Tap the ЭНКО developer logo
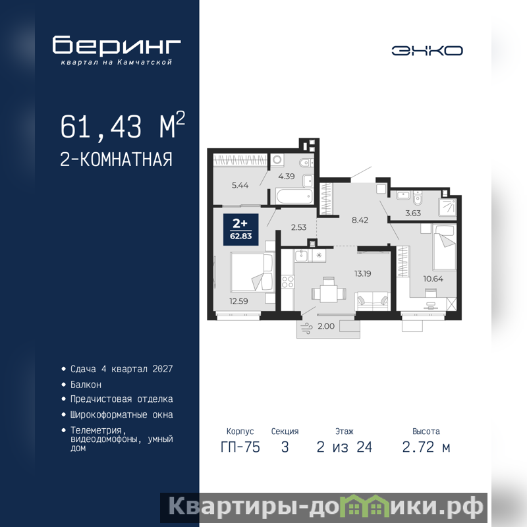[x=427, y=51]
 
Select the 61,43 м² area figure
[x=123, y=126]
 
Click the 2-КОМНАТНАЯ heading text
[x=116, y=159]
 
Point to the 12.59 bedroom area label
[x=238, y=301]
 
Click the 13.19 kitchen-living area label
[x=363, y=273]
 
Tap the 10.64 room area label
[x=433, y=279]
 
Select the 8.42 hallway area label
[x=360, y=220]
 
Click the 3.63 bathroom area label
[x=413, y=213]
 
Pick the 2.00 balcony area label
[x=326, y=326]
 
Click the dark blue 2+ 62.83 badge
[x=241, y=229]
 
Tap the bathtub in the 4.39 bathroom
[x=294, y=196]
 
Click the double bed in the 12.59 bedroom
[x=252, y=272]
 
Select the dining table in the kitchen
[x=328, y=293]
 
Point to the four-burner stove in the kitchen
[x=288, y=282]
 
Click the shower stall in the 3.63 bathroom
[x=447, y=207]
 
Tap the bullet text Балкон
[x=86, y=385]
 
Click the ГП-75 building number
[x=240, y=447]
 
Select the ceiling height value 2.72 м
[x=426, y=447]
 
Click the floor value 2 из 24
[x=345, y=447]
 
